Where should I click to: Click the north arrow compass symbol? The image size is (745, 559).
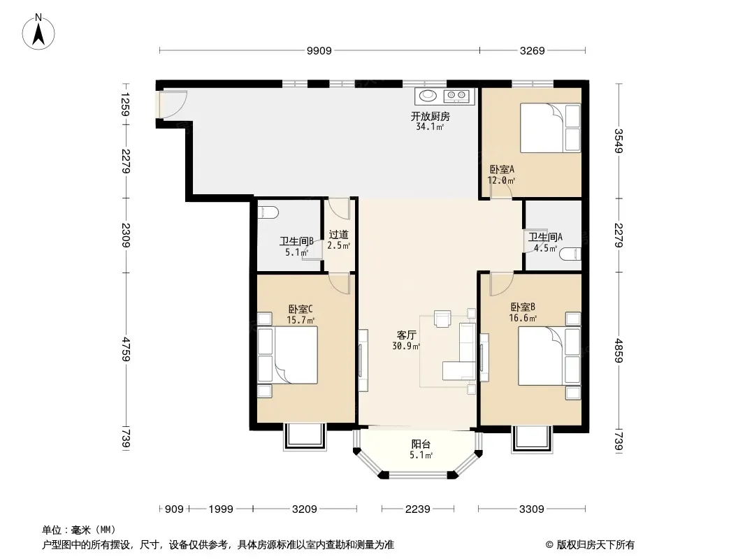click(38, 32)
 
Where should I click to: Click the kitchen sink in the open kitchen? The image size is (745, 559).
click(428, 96)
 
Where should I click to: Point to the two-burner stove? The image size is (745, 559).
click(456, 96)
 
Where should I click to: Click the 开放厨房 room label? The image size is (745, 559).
click(431, 117)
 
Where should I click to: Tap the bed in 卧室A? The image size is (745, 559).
click(550, 128)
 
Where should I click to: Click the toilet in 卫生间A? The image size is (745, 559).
click(570, 254)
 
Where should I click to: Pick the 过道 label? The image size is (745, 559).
click(339, 235)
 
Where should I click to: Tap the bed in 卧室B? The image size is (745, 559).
click(549, 356)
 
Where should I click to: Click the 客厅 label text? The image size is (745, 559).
click(407, 335)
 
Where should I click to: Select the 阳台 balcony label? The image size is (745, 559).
click(421, 444)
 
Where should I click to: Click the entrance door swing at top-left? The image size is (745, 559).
click(173, 104)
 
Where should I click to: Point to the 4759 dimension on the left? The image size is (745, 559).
click(126, 349)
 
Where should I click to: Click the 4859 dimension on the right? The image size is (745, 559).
click(618, 351)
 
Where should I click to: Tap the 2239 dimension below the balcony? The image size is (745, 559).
click(418, 509)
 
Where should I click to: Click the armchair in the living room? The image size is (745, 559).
click(443, 319)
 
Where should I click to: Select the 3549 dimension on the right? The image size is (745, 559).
click(618, 141)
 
